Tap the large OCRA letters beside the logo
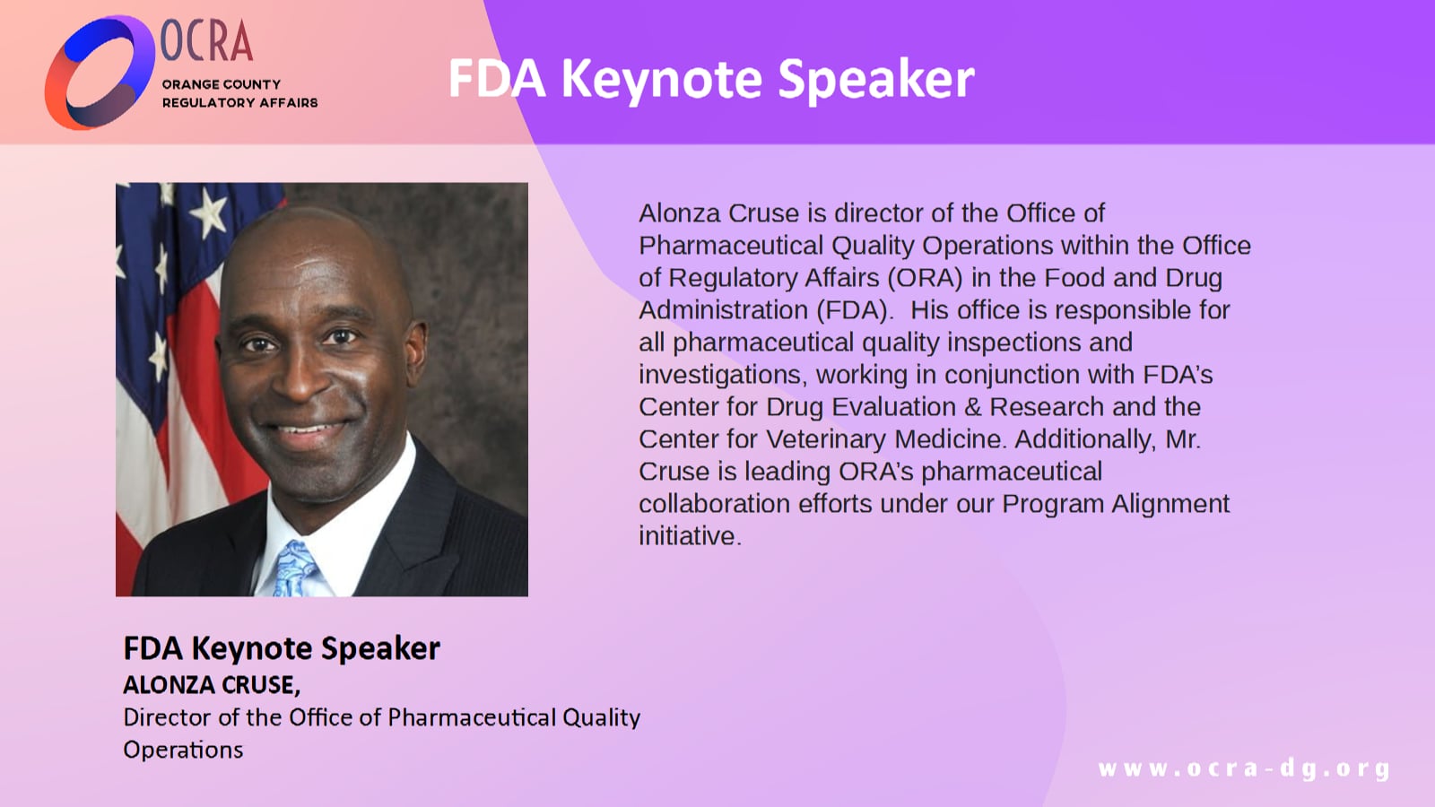click(206, 41)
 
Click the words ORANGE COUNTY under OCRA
click(221, 84)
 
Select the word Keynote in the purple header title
click(661, 79)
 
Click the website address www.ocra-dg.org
click(1243, 768)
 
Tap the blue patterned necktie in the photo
click(293, 569)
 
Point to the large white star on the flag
click(209, 213)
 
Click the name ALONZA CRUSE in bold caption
click(210, 685)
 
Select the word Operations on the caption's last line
click(183, 750)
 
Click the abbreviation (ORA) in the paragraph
click(925, 278)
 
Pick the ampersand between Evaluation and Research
click(972, 407)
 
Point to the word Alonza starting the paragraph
click(679, 213)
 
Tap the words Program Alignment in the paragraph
click(1115, 504)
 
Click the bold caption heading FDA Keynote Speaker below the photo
click(282, 648)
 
